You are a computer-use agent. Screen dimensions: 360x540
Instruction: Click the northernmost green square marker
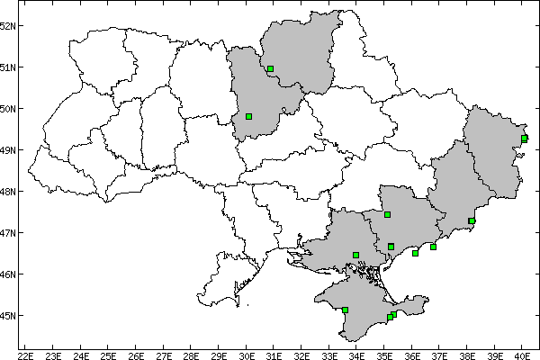(270, 68)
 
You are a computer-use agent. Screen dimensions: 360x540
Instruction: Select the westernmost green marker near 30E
(248, 116)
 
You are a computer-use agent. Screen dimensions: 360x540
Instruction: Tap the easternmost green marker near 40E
(524, 138)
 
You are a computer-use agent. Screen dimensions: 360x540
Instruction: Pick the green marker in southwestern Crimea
(345, 310)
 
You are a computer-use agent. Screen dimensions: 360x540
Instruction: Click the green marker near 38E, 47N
(472, 220)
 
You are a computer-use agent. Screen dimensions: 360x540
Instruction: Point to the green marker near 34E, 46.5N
(356, 255)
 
